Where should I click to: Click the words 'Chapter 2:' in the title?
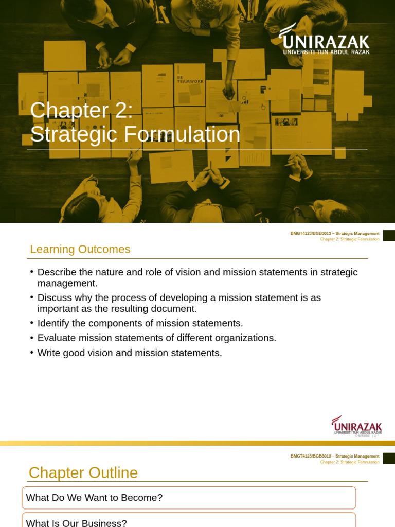[81, 110]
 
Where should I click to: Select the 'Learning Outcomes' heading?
[80, 250]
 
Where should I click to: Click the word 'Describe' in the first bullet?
[58, 272]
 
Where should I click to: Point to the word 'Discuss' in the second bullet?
[55, 298]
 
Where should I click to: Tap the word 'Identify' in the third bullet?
[55, 323]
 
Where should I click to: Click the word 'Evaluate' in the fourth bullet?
[57, 338]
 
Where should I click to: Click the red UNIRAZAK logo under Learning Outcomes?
[356, 425]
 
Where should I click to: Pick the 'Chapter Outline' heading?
[83, 472]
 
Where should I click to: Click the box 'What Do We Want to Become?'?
[189, 498]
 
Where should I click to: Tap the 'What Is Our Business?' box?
[189, 521]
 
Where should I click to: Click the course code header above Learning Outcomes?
[335, 234]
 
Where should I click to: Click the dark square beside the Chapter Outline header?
[389, 458]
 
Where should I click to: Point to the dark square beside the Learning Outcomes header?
[389, 235]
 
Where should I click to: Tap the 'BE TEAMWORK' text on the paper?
[190, 79]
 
